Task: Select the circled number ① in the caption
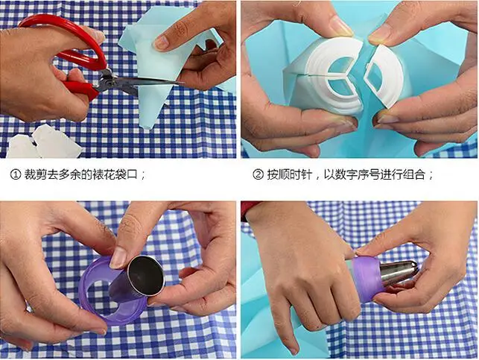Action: pos(16,175)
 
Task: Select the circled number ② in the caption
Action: pos(258,175)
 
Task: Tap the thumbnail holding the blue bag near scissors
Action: pos(162,42)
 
